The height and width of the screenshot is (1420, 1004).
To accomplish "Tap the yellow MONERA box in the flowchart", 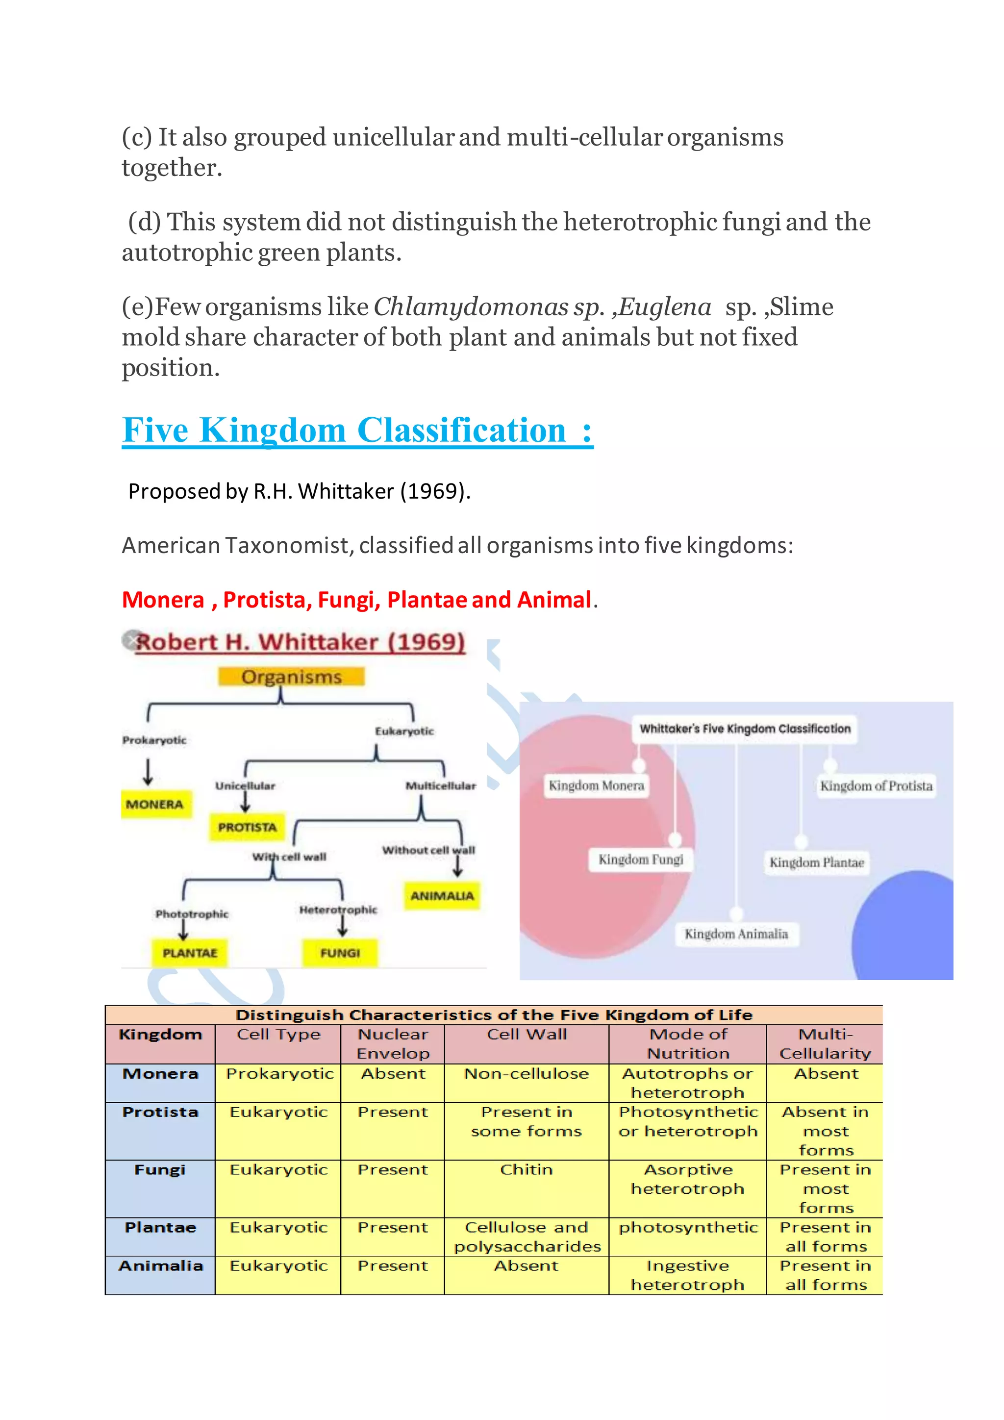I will click(155, 804).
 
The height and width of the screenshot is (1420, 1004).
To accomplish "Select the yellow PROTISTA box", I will click(247, 827).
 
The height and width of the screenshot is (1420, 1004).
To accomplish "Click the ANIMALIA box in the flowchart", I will click(442, 895).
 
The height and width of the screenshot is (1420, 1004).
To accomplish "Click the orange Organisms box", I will click(291, 677).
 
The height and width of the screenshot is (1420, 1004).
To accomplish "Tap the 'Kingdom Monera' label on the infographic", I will click(597, 786).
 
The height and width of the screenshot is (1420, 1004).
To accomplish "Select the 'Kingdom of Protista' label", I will click(876, 786).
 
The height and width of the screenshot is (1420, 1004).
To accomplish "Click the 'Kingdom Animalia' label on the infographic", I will click(736, 934).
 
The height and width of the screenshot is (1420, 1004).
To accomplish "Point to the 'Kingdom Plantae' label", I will click(817, 862).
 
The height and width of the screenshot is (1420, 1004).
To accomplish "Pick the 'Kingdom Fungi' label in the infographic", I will click(640, 860).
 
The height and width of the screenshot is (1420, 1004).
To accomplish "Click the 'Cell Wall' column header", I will click(526, 1035).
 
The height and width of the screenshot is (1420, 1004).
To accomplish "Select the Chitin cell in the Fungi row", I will click(526, 1169).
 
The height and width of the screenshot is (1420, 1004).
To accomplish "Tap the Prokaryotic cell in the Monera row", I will click(279, 1074).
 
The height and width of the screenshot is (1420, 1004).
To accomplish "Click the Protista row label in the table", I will click(160, 1112).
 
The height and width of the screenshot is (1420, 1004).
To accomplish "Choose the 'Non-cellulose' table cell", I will click(526, 1074).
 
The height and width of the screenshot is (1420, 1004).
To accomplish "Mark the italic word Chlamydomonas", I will click(471, 307).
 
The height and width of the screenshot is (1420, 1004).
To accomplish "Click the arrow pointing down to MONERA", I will click(148, 772).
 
